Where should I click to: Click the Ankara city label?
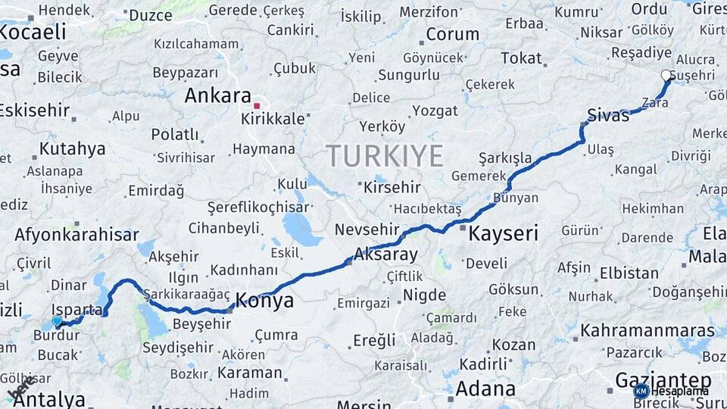coord(218,96)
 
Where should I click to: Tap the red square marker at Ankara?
coord(257,105)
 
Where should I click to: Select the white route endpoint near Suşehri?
coord(666,75)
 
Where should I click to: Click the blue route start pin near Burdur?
coord(57,321)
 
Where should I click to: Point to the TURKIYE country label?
coord(385,156)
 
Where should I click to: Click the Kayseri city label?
coord(503,233)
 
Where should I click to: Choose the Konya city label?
coord(264,301)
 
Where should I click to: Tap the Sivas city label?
coord(608,116)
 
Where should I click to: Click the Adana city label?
coord(485,389)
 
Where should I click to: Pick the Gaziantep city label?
coord(663,379)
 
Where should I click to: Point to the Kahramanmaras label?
coord(647,331)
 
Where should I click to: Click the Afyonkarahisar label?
coord(76,234)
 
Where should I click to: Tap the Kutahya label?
coord(72,148)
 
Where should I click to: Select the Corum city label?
coord(452,34)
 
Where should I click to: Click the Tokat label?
coord(521,58)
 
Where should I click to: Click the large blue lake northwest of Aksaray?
coord(303,229)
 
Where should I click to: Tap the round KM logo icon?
coord(641,391)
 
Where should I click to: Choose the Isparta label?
coord(77,309)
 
